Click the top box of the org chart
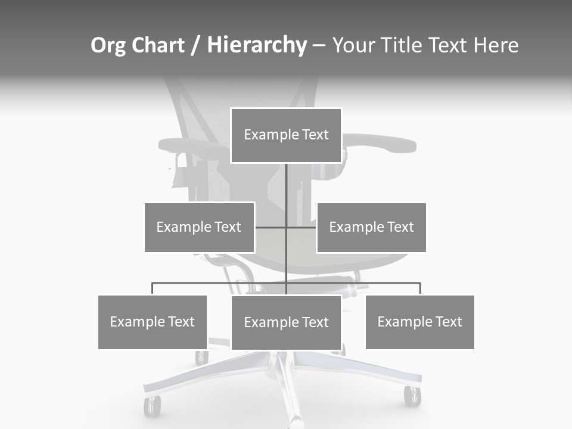click(x=286, y=135)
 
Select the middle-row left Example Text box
click(x=199, y=227)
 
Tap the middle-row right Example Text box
click(x=371, y=227)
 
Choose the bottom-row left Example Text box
click(x=153, y=322)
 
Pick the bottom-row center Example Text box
click(x=286, y=322)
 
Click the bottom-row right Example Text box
click(x=419, y=322)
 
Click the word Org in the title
click(x=107, y=45)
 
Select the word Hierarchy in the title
click(x=257, y=45)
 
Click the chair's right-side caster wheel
click(x=412, y=396)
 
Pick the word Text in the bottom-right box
click(x=448, y=322)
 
